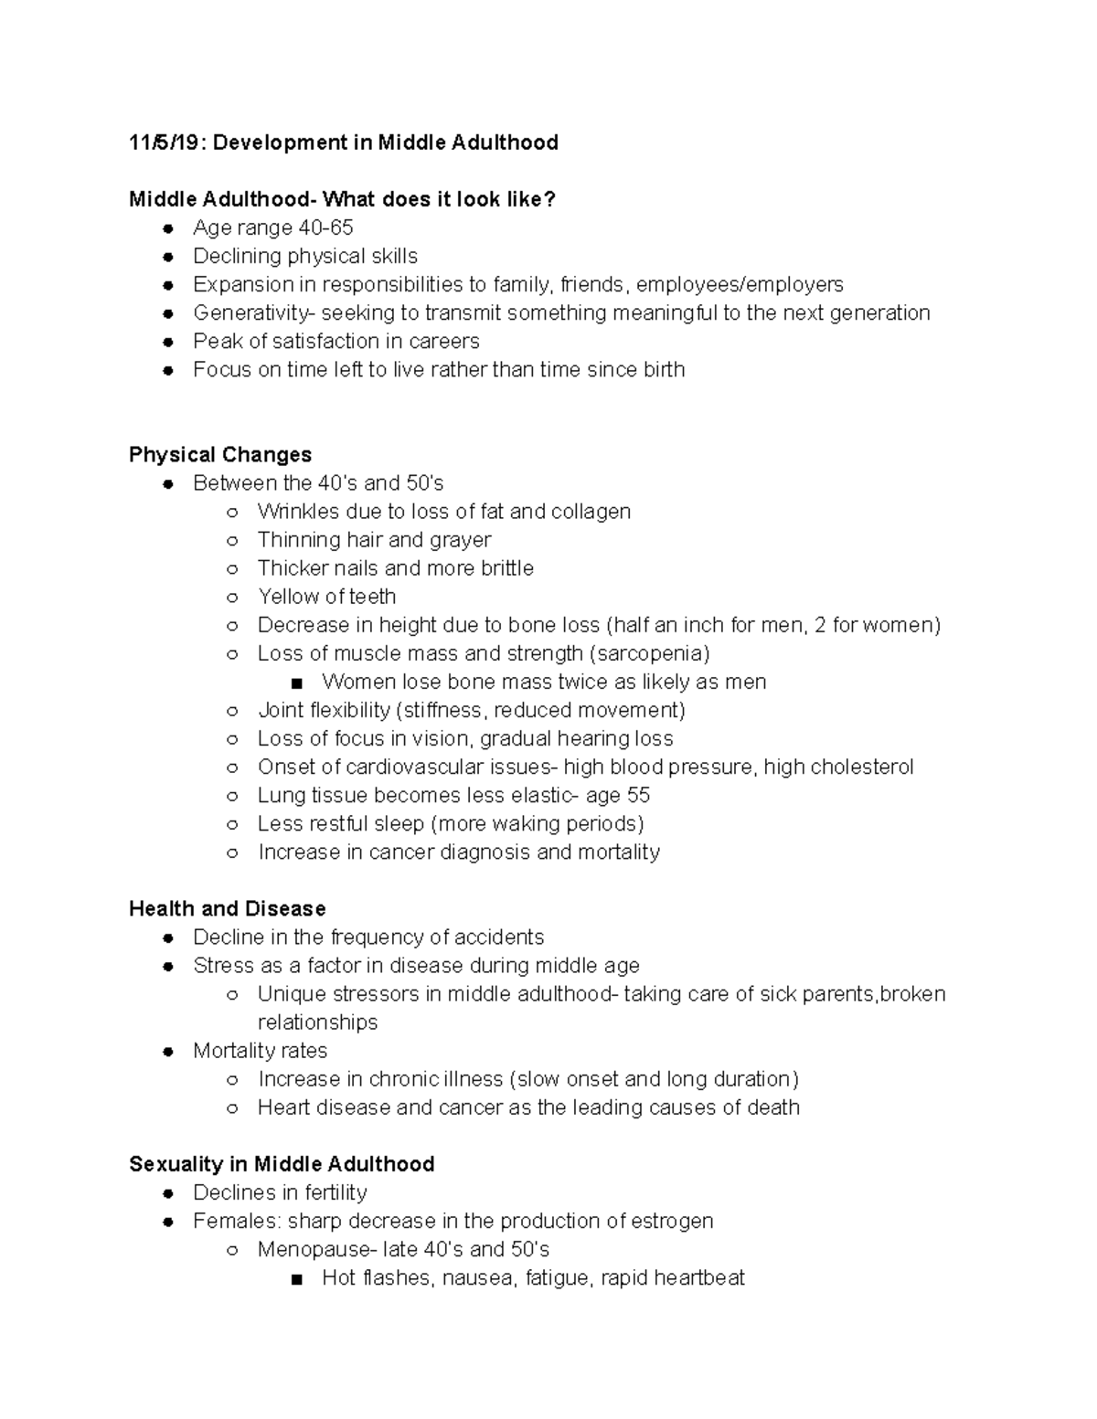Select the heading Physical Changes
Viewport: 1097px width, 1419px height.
pos(220,455)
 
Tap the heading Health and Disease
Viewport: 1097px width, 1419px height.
pos(227,909)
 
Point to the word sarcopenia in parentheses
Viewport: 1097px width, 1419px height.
pos(649,654)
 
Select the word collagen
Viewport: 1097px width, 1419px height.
pos(591,512)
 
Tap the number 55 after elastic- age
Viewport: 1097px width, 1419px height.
pos(638,796)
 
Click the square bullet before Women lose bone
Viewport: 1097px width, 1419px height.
pos(296,683)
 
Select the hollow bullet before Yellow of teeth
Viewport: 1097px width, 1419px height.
pos(232,598)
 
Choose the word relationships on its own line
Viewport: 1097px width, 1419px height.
pos(317,1022)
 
